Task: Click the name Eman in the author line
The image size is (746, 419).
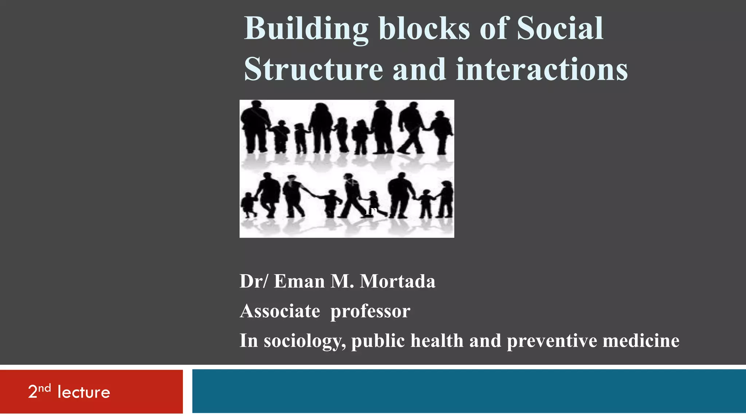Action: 299,281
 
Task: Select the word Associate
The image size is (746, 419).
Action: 280,311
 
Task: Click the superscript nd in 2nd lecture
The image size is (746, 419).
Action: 44,388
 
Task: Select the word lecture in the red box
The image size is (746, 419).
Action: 84,392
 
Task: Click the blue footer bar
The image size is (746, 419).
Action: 469,391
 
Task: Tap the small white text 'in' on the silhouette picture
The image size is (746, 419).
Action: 371,211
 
